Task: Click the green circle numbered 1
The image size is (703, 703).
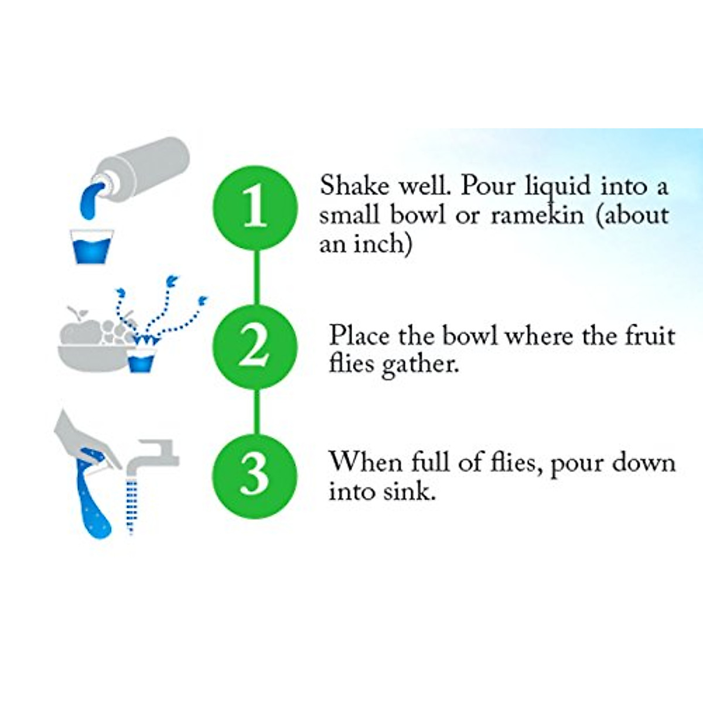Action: coord(255,208)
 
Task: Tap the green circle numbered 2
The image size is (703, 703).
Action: coord(255,347)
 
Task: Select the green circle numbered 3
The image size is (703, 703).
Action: coord(255,476)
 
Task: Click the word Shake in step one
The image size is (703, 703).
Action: coord(354,186)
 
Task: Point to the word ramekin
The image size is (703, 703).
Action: coord(537,216)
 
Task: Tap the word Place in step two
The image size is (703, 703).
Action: coord(359,336)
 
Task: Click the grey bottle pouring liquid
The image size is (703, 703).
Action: coord(146,167)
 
